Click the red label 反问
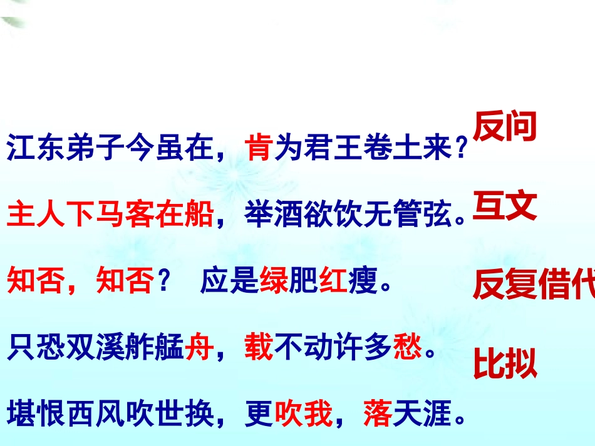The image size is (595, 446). click(x=505, y=126)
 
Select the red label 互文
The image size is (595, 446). click(x=505, y=207)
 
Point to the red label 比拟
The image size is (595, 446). click(x=505, y=365)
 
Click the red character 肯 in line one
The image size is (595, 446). click(x=259, y=150)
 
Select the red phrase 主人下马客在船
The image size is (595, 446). click(x=110, y=216)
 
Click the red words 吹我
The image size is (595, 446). click(x=303, y=415)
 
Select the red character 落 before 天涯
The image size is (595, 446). click(x=378, y=415)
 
